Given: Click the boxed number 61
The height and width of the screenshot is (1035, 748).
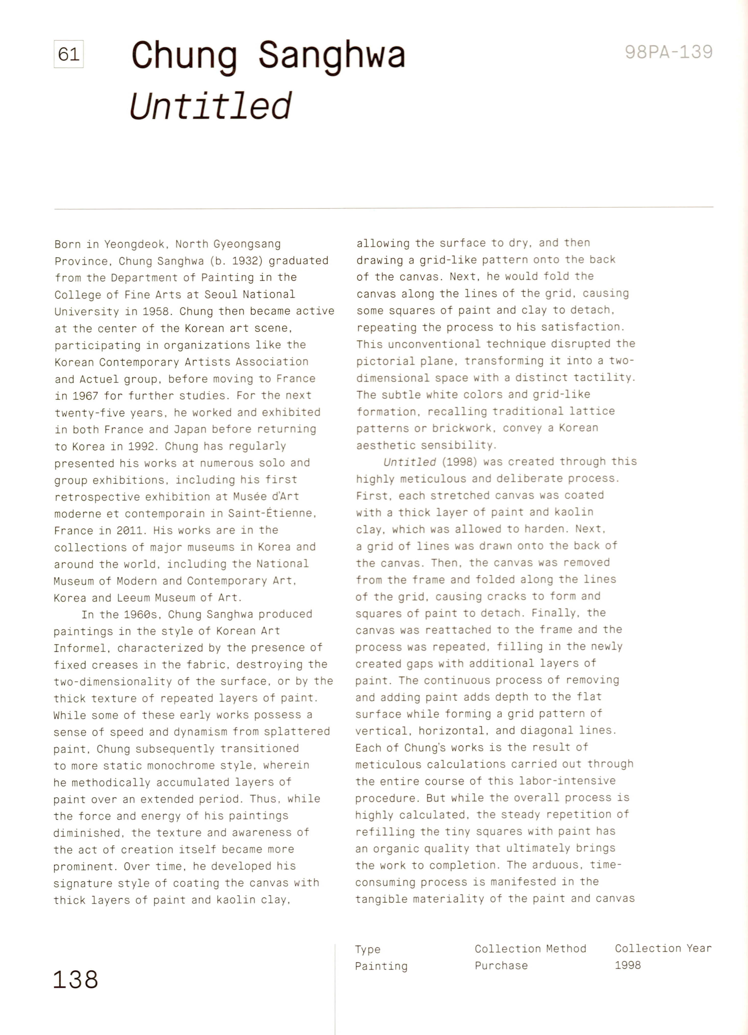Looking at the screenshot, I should pos(69,54).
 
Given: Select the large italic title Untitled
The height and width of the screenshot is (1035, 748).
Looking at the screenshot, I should pos(211,106).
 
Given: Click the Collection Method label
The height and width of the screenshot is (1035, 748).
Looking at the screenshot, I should pos(530,949).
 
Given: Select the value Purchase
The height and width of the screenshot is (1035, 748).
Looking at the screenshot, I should pos(501,966).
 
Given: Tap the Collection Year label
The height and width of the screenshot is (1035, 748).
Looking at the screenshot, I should pos(663,948).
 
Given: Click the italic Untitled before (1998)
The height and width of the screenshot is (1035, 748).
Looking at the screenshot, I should pos(410,462).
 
